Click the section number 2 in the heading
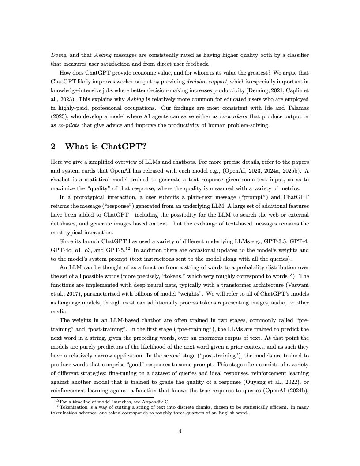tap(54, 146)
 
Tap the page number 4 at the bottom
tap(180, 431)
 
